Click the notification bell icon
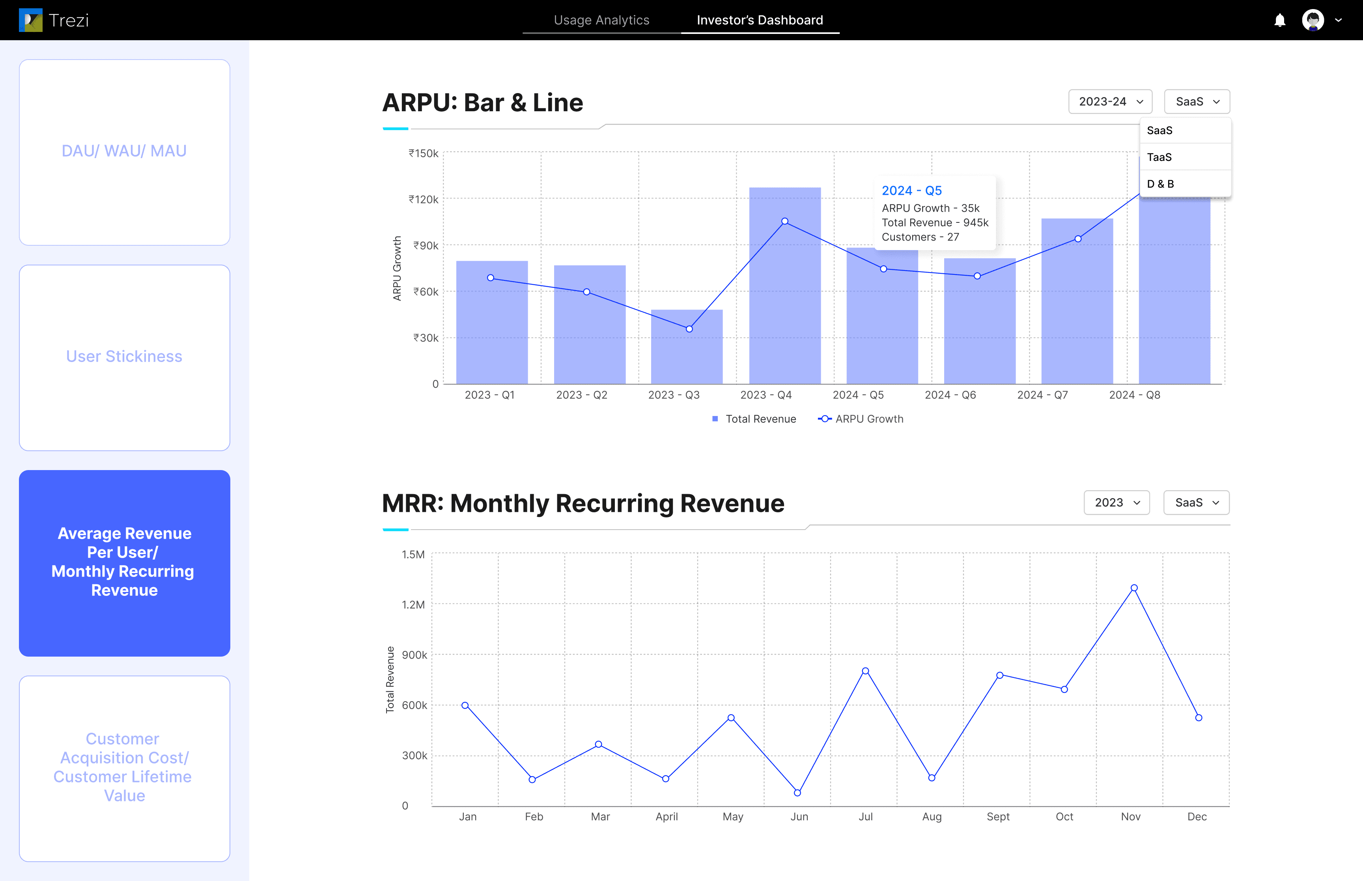click(1279, 21)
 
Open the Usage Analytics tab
click(601, 20)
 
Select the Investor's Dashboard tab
click(760, 20)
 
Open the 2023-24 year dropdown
click(1110, 102)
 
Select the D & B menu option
click(1161, 184)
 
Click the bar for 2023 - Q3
click(687, 347)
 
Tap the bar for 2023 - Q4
click(785, 286)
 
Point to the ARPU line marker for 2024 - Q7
click(1077, 239)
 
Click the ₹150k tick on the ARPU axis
click(423, 153)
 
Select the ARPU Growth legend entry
click(861, 419)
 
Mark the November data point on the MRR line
click(1133, 588)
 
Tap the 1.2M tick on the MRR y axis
click(413, 605)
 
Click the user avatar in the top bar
click(1313, 20)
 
